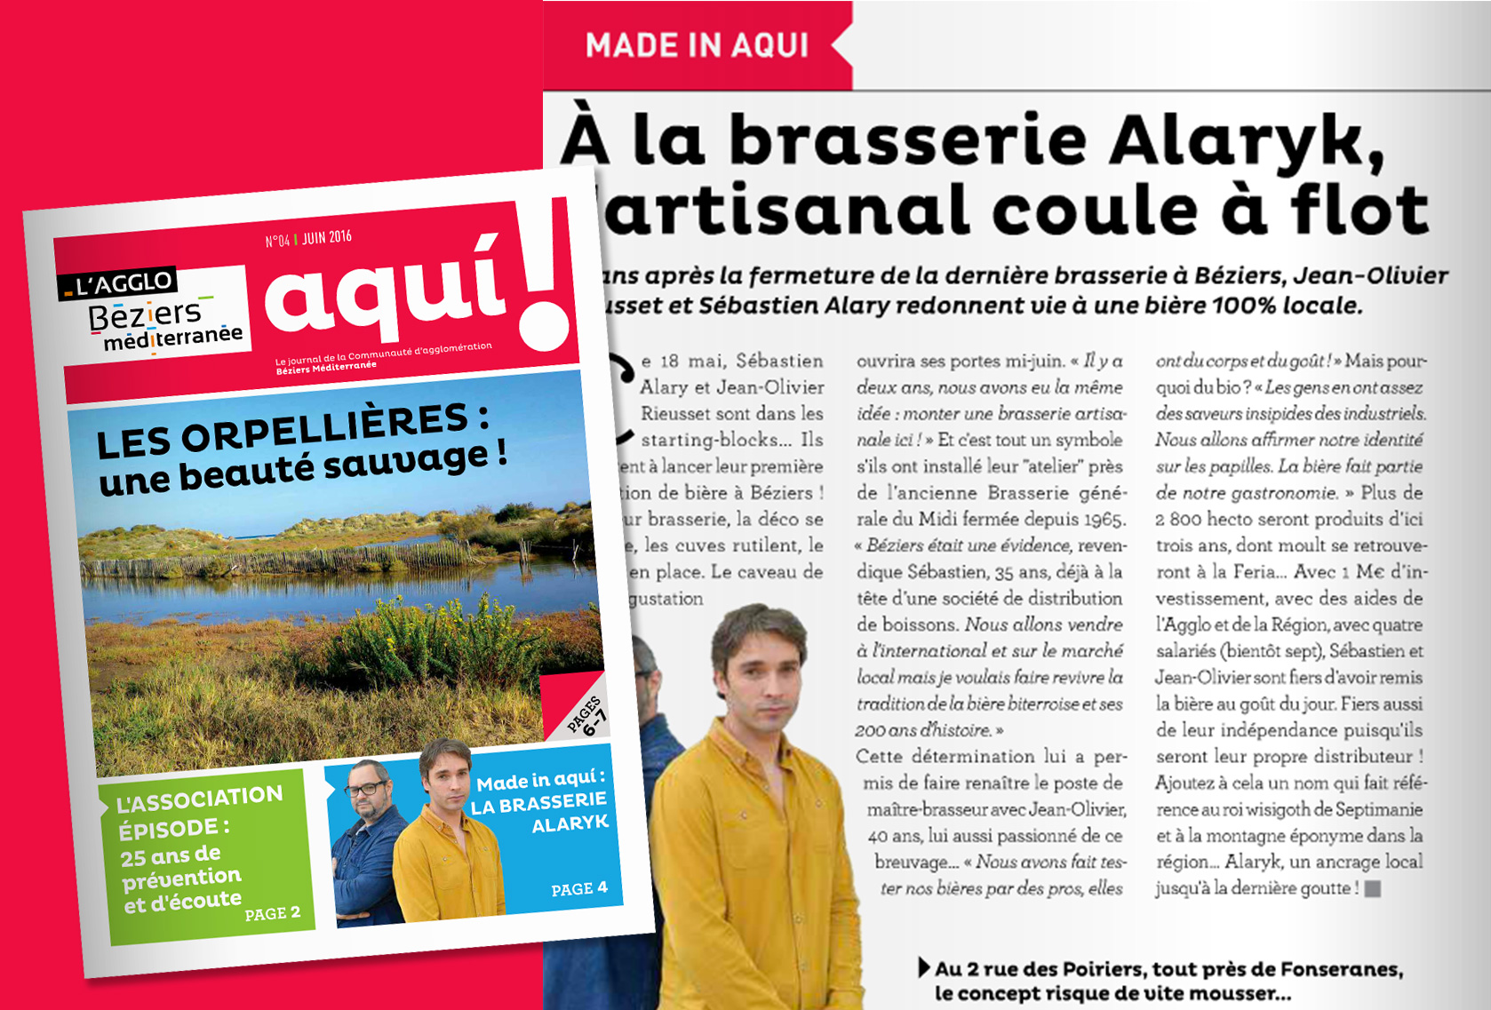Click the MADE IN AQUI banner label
(697, 45)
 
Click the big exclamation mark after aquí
(545, 274)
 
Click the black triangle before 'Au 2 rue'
(924, 967)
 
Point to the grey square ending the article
(1373, 888)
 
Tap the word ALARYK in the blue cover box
(570, 823)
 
